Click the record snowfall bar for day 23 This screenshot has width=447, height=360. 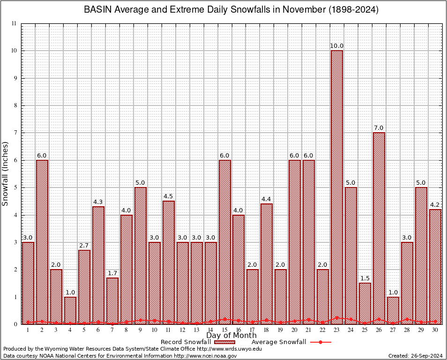tap(337, 187)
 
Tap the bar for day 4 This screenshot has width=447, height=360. tap(70, 310)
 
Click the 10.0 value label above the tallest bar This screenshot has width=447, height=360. tap(337, 46)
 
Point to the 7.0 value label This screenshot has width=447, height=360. tap(379, 128)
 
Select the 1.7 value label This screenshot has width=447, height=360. tap(112, 273)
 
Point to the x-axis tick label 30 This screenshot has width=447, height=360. tap(435, 330)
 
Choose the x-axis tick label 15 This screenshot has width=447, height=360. tap(225, 330)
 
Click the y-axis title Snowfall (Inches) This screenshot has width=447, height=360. tap(6, 173)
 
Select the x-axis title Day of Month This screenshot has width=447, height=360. tap(231, 336)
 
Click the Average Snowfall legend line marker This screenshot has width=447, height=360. tap(320, 342)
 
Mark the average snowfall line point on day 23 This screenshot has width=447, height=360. tap(337, 318)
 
